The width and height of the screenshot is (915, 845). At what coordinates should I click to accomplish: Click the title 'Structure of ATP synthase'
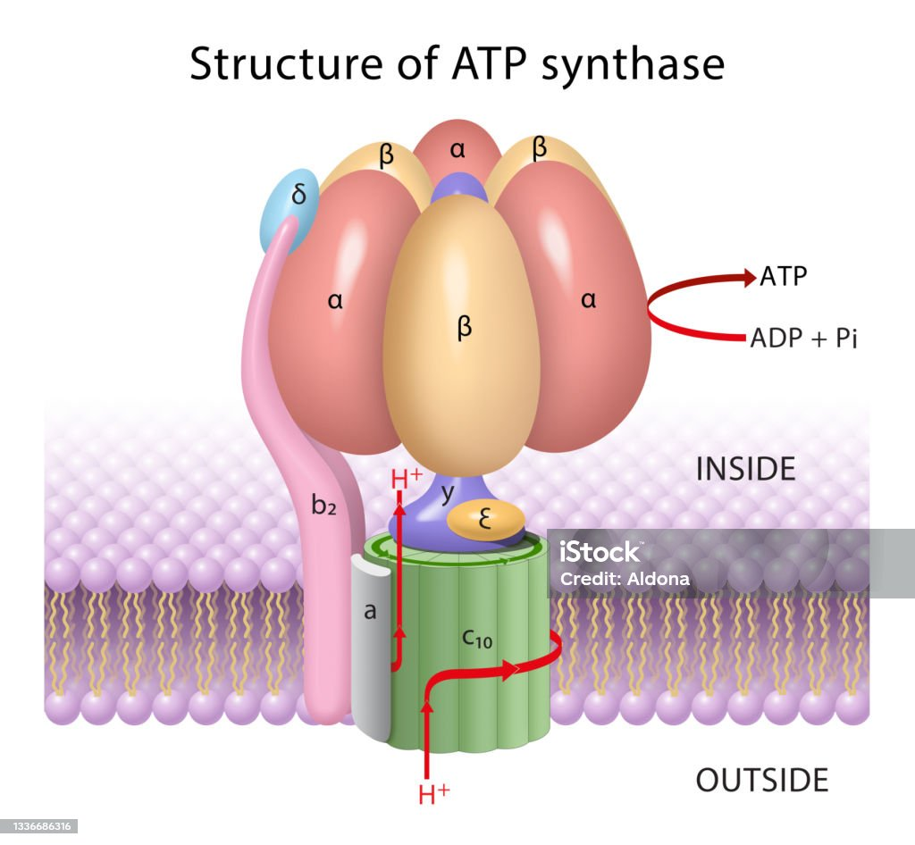point(457,64)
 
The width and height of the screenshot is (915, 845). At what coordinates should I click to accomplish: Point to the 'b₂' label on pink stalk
point(324,505)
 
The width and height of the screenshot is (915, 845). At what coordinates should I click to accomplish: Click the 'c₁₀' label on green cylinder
point(478,640)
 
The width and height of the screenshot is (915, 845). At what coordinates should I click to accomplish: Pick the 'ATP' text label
point(783,276)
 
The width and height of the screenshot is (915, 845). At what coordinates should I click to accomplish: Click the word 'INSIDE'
point(745,469)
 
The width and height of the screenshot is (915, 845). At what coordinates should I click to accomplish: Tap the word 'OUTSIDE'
point(762,780)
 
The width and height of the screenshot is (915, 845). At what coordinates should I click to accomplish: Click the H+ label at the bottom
point(433,793)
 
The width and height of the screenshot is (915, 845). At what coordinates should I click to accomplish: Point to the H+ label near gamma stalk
point(407,479)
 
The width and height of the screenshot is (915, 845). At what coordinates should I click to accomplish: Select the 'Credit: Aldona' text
point(625,579)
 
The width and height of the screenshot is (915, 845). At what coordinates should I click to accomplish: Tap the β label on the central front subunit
point(464,328)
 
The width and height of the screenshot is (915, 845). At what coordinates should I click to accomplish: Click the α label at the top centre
point(457,150)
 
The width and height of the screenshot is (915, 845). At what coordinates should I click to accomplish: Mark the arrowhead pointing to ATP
point(748,277)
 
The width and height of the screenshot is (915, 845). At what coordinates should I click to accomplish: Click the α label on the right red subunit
point(588,301)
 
